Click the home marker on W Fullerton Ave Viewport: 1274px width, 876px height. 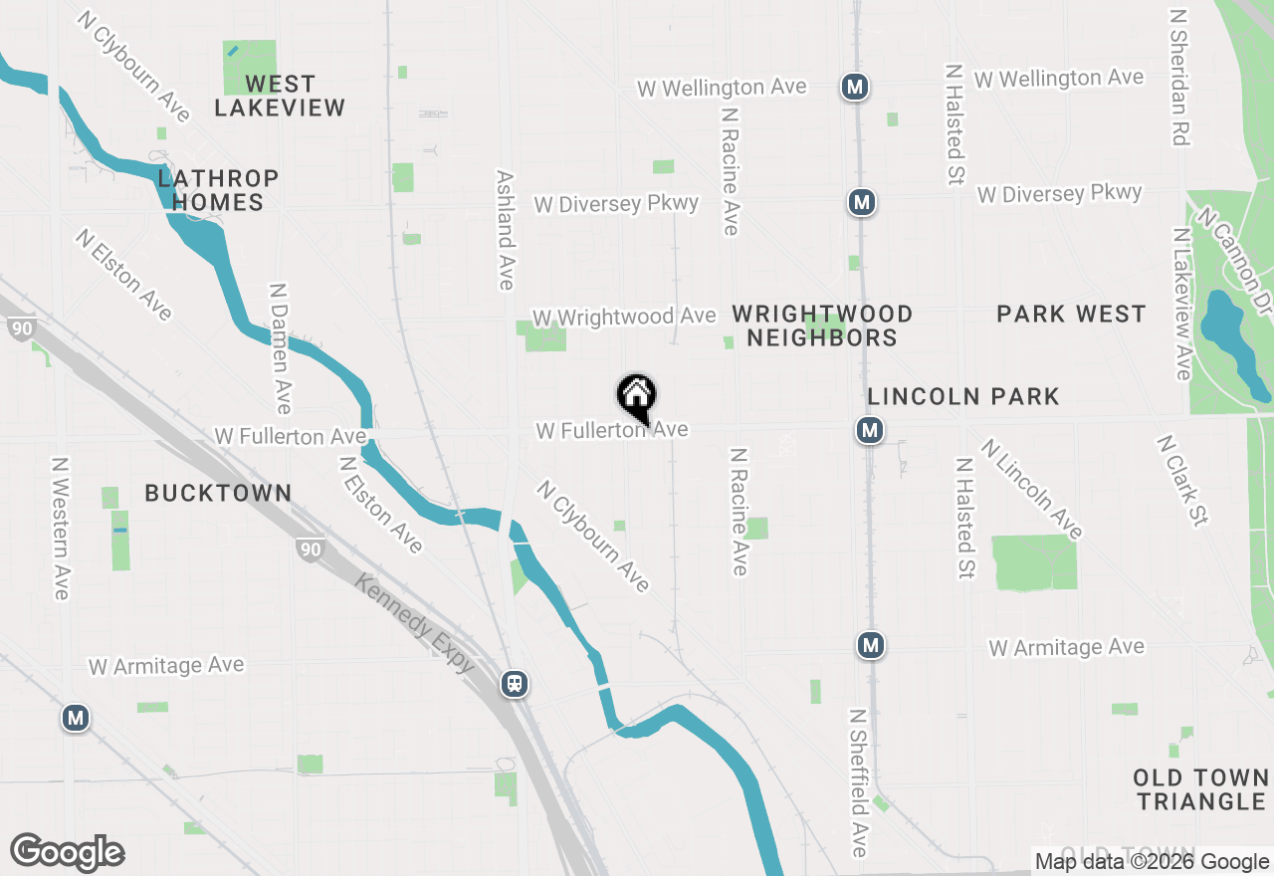(637, 397)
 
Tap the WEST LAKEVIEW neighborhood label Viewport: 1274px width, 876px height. (280, 96)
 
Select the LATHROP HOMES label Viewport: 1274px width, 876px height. (218, 190)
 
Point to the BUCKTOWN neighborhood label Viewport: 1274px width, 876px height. (218, 493)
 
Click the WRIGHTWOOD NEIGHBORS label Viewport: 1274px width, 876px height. (822, 326)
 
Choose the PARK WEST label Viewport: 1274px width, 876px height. (1071, 315)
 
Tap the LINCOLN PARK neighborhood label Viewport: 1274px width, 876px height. (963, 396)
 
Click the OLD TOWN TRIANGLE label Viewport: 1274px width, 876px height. (1200, 789)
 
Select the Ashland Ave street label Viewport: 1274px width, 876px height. (506, 230)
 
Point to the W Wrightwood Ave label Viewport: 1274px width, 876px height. (624, 317)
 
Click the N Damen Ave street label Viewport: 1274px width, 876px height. (280, 348)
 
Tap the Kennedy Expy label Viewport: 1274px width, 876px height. (414, 623)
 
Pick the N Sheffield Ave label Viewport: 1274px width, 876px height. (858, 782)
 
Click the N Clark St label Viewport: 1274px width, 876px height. (1182, 480)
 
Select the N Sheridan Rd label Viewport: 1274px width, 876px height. (1180, 78)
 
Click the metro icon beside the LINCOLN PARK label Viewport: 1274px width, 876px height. (870, 431)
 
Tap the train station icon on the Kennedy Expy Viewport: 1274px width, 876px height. (515, 684)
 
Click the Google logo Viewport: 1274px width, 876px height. (68, 853)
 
